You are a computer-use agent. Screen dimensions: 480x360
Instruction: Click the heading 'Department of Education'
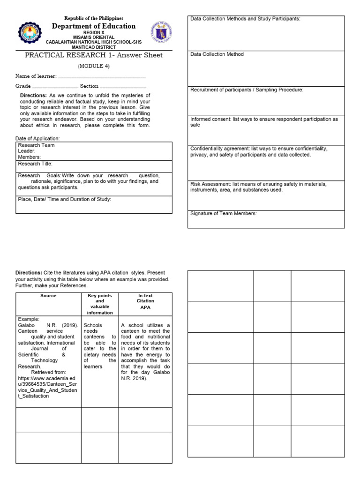pos(93,26)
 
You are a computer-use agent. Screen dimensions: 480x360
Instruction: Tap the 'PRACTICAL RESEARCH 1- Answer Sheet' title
pos(93,55)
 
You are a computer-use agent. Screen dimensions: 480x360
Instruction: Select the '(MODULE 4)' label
pos(93,66)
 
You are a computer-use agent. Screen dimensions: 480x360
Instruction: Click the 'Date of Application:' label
pos(37,139)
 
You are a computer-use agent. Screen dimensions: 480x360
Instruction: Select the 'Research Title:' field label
pos(35,164)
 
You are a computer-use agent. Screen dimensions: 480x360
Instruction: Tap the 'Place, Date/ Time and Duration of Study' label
pos(65,199)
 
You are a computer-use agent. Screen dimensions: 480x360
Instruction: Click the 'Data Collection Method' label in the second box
pos(217,54)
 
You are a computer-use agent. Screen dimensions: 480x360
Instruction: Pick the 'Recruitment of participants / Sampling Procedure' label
pos(247,90)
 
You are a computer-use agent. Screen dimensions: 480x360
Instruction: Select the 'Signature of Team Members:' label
pos(224,213)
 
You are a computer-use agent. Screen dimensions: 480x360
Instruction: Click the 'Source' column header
pos(48,296)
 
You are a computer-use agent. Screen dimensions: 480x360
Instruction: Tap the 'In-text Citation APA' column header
pos(145,301)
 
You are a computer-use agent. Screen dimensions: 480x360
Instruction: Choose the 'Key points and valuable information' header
pos(99,304)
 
